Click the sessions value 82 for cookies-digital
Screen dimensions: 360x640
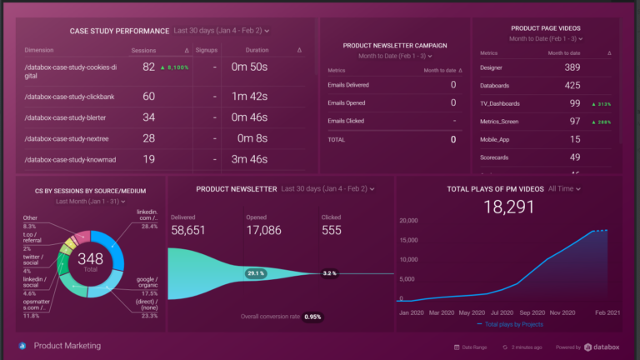pyautogui.click(x=149, y=67)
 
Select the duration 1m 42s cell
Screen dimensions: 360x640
pyautogui.click(x=249, y=97)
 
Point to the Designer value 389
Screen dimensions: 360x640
pyautogui.click(x=572, y=67)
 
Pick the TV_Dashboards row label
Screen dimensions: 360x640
pyautogui.click(x=500, y=103)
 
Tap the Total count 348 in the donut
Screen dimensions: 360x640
pyautogui.click(x=92, y=259)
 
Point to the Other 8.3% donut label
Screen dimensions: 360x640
pyautogui.click(x=30, y=222)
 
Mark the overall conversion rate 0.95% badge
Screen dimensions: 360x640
pyautogui.click(x=313, y=317)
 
